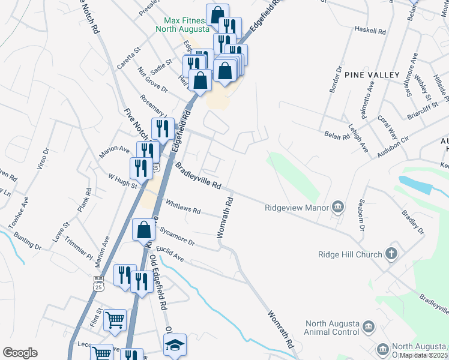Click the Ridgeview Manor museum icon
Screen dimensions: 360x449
[337, 208]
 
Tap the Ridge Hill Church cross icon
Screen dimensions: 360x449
[391, 254]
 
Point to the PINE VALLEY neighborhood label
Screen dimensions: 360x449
[372, 74]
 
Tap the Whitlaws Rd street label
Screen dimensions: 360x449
[182, 208]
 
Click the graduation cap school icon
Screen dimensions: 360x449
[175, 344]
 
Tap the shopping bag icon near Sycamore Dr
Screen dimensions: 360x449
[144, 229]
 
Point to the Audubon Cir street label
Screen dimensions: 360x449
[393, 145]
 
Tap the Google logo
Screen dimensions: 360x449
[20, 353]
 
